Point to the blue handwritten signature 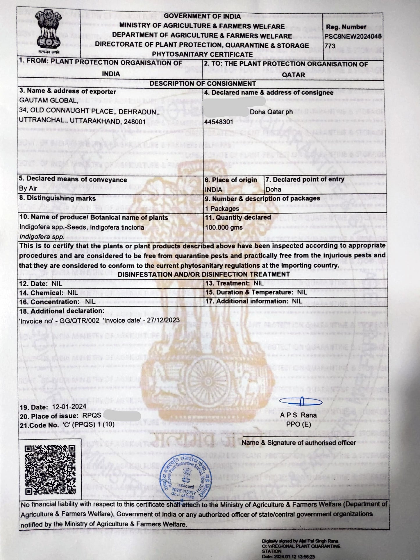(x=301, y=402)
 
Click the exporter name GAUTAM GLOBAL (x=49, y=101)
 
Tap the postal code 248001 (x=135, y=121)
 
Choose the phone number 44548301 (x=219, y=122)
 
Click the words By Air (x=28, y=188)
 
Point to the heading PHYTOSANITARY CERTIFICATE (x=202, y=54)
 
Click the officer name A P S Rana (x=298, y=415)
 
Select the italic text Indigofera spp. (x=42, y=237)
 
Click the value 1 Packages (x=222, y=208)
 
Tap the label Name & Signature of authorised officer (x=299, y=443)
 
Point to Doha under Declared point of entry (x=274, y=189)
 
